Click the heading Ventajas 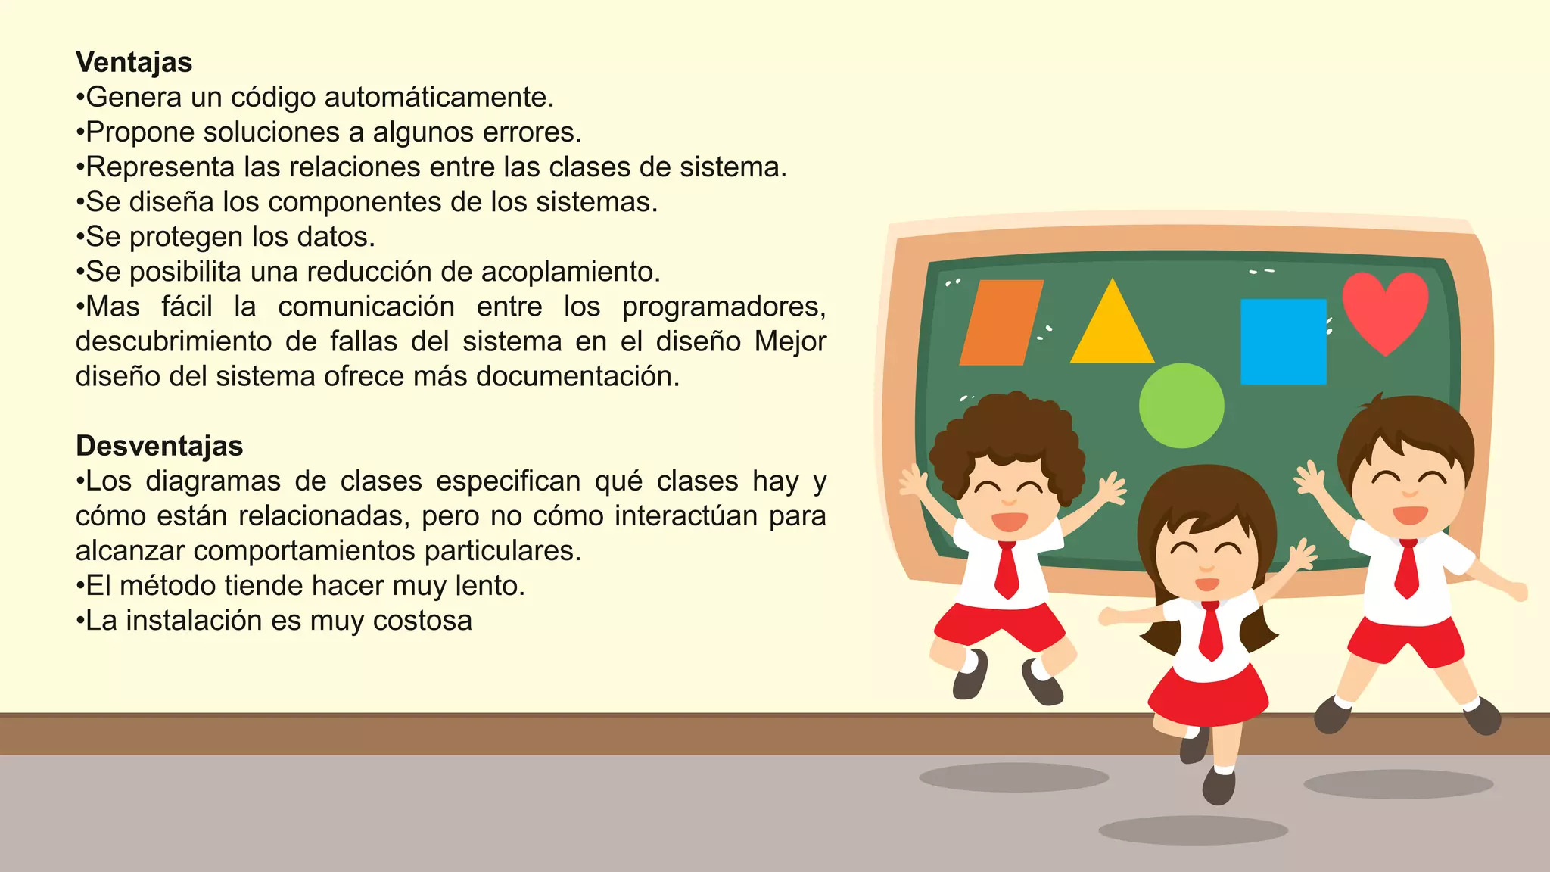134,62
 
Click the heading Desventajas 159,446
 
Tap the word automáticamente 438,98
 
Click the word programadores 723,307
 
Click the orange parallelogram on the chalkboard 1001,322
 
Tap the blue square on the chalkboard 1283,341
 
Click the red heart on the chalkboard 1385,309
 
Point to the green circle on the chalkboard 1181,406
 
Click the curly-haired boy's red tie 1007,569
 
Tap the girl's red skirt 1208,693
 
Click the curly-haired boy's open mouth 1009,522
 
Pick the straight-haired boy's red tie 1407,568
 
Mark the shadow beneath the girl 1193,830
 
